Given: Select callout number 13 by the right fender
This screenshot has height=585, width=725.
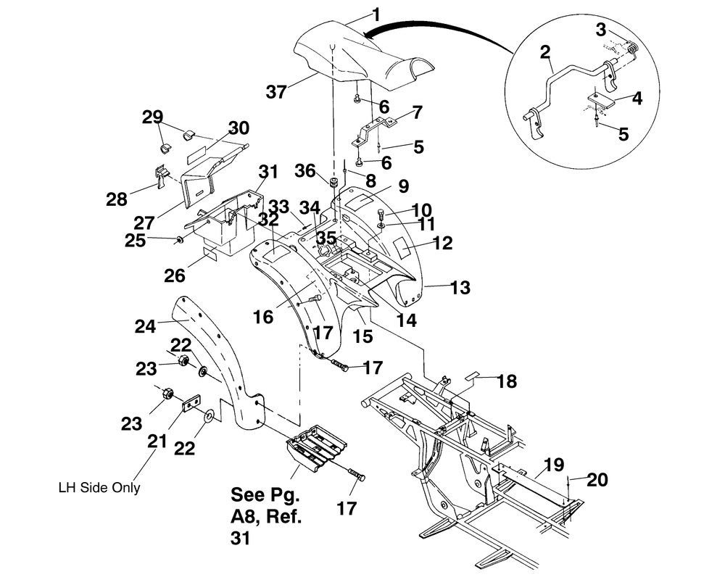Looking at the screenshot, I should coord(460,288).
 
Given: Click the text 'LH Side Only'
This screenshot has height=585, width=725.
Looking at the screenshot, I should coord(99,487).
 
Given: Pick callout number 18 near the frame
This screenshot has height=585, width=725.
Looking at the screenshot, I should coord(507,381).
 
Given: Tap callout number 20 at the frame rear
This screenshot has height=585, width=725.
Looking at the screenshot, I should coord(598,479).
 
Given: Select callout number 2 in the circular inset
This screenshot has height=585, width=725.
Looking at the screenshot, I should coord(544,52).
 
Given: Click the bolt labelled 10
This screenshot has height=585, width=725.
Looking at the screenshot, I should coord(381,213).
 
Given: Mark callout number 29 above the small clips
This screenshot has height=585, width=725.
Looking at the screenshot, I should coord(153,117).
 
